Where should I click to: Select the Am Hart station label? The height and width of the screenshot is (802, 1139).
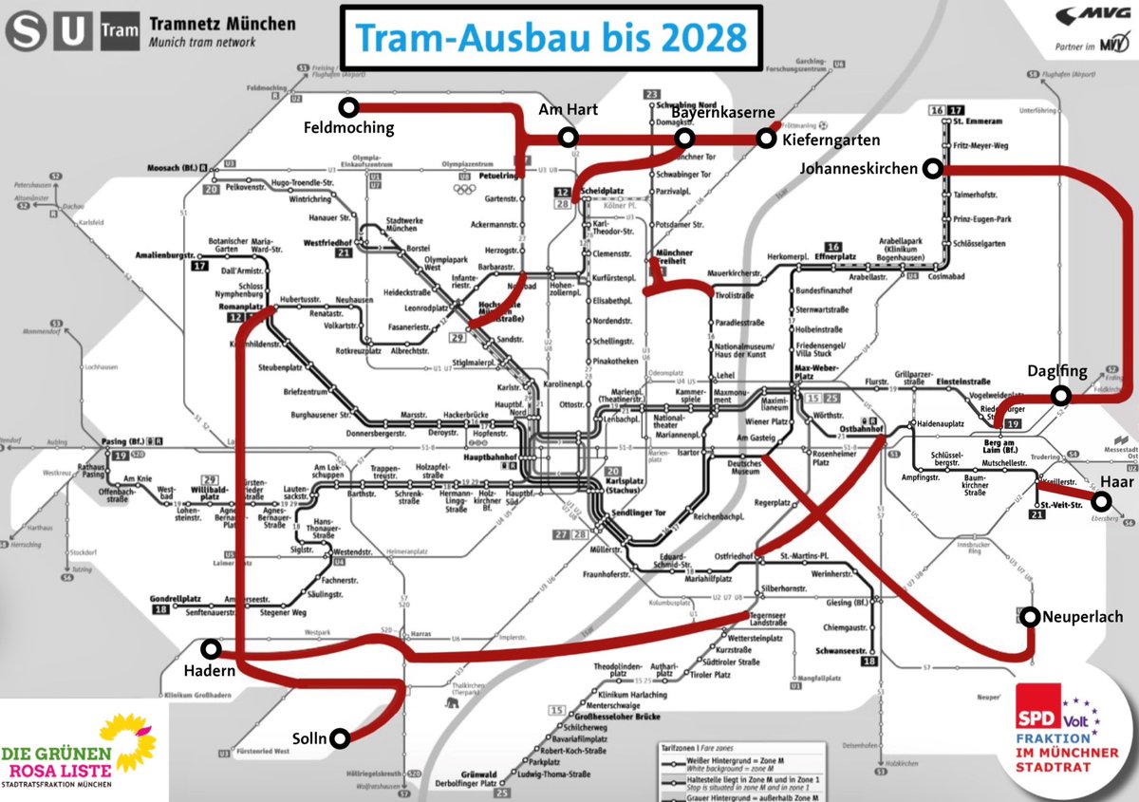pyautogui.click(x=568, y=110)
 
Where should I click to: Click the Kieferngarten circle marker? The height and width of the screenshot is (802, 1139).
pyautogui.click(x=764, y=140)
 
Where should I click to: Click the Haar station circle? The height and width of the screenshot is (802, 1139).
pyautogui.click(x=1100, y=501)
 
